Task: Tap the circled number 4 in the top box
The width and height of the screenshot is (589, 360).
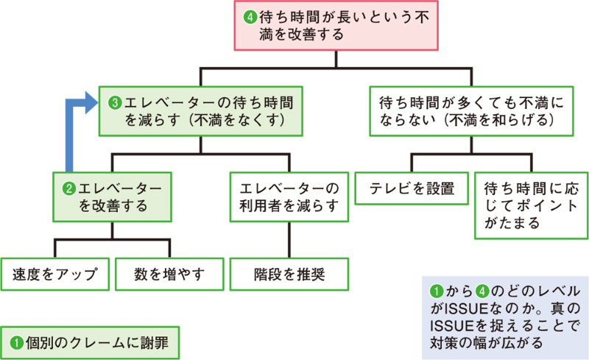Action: point(248,14)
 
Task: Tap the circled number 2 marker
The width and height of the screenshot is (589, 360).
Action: point(68,187)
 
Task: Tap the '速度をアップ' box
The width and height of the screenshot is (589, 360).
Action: point(55,275)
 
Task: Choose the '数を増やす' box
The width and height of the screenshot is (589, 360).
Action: point(169,275)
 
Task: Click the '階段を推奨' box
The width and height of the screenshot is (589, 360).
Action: point(288,275)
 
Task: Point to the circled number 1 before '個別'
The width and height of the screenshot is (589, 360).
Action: point(16,343)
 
